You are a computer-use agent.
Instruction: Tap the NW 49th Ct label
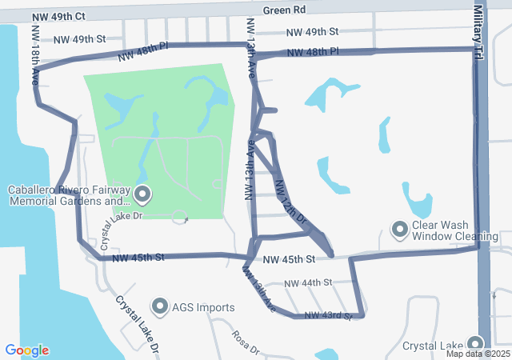coord(59,16)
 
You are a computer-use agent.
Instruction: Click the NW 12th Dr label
coord(290,202)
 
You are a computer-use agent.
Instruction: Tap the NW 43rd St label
coord(327,316)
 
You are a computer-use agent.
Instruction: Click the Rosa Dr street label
coord(246,343)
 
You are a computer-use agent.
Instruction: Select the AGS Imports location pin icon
coord(160,306)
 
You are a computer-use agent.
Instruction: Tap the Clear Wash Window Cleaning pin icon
coord(399,230)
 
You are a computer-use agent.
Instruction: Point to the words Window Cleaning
coord(455,237)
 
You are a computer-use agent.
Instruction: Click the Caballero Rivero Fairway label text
coord(68,190)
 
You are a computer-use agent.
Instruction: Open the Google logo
coord(27,350)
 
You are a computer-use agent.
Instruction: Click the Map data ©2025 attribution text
coord(478,354)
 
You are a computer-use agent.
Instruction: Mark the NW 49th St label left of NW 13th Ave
coord(79,38)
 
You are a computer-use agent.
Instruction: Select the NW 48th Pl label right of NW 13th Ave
coord(313,51)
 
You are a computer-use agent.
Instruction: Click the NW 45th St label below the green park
coord(138,258)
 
